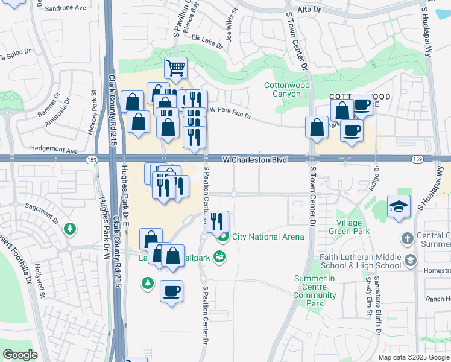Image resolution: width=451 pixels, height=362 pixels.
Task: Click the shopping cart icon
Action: pos(175,68)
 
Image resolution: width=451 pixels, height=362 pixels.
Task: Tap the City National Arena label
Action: pos(268,237)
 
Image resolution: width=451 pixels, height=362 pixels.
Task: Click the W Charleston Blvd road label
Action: pos(254,160)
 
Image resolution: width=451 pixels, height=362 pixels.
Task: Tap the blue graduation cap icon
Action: pos(399,206)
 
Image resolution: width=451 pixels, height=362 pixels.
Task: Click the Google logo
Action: pos(20,355)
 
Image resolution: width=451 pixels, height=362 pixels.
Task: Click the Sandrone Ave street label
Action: pos(64,8)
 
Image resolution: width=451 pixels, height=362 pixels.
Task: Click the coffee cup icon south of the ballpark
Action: pos(171,291)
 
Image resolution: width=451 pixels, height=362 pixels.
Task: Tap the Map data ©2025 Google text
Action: pos(413,357)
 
